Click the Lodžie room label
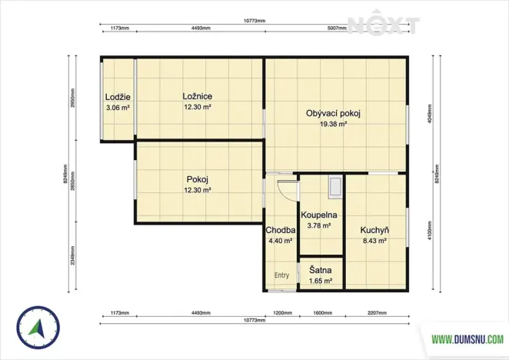point(118,97)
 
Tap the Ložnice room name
point(198,96)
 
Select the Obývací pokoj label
point(333,113)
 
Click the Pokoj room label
point(198,179)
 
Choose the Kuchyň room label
point(374,230)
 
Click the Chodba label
point(280,230)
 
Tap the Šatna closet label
point(321,271)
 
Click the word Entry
point(282,275)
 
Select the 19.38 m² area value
point(333,124)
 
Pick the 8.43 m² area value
point(374,241)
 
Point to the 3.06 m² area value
point(118,108)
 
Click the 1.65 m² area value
point(321,282)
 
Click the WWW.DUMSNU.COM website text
point(467,338)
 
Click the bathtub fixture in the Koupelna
point(336,187)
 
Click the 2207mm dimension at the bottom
point(377,314)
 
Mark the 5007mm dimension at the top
point(337,28)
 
